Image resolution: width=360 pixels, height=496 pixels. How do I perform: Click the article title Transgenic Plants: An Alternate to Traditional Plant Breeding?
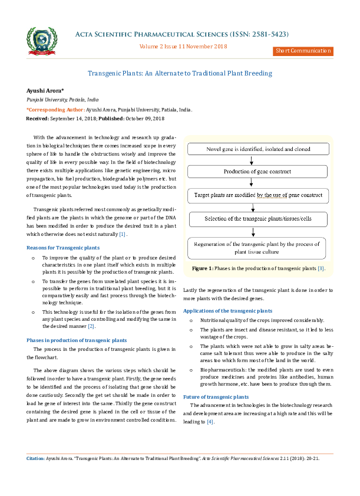tap(180, 73)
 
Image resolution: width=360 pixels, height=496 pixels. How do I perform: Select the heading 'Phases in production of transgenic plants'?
tap(77, 340)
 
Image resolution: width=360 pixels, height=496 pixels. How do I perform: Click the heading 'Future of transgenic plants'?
tap(216, 397)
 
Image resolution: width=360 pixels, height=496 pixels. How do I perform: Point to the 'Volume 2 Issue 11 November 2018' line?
tap(183, 45)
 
